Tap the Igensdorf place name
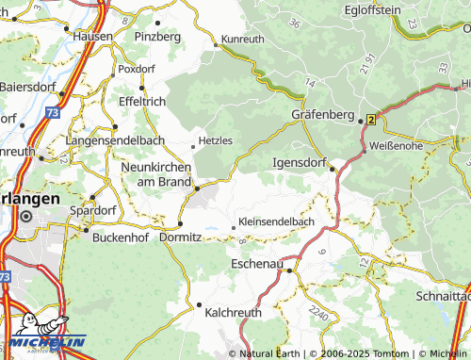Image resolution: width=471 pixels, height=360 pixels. click(298, 161)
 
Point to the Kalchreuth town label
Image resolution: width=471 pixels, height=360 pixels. click(233, 312)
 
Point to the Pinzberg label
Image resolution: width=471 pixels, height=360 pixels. click(156, 36)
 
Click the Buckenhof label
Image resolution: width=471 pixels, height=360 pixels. click(122, 237)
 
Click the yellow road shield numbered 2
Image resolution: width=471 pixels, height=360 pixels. click(371, 120)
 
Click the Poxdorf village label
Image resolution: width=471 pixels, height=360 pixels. click(137, 69)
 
